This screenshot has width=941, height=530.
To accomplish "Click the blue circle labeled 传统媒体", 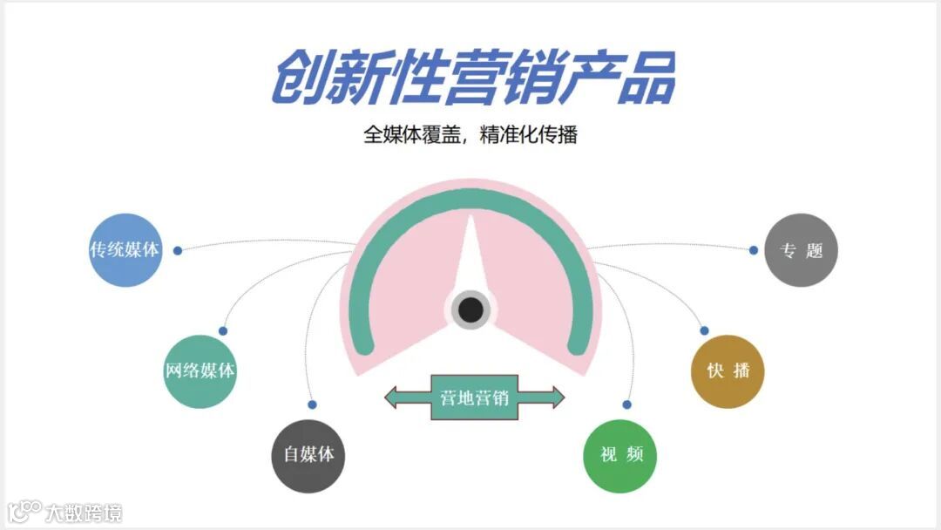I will click(x=125, y=250).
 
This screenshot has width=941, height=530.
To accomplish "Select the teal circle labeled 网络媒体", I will click(x=200, y=370).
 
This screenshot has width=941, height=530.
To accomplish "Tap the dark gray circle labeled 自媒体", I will click(x=308, y=456).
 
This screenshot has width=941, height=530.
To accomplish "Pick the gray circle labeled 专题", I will click(x=801, y=250).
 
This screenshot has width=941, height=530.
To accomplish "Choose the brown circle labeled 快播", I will click(x=728, y=370).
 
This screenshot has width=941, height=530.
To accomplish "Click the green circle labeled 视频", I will click(x=619, y=456).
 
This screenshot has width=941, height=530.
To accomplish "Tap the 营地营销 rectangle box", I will click(x=474, y=397).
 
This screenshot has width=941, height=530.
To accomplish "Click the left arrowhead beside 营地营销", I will click(x=395, y=397).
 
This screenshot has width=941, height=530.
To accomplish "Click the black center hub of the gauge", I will click(x=471, y=309).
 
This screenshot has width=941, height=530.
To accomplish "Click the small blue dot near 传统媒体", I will click(x=178, y=250).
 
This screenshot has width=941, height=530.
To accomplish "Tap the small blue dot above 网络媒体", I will click(x=223, y=330).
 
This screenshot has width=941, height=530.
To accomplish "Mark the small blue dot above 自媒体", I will click(x=312, y=404).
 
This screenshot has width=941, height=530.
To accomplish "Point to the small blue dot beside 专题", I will click(x=754, y=250).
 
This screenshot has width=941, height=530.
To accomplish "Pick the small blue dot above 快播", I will click(x=704, y=330).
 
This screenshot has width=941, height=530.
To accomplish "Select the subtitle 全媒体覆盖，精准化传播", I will click(x=470, y=135).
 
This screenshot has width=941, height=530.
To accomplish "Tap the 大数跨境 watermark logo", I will click(x=64, y=511).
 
